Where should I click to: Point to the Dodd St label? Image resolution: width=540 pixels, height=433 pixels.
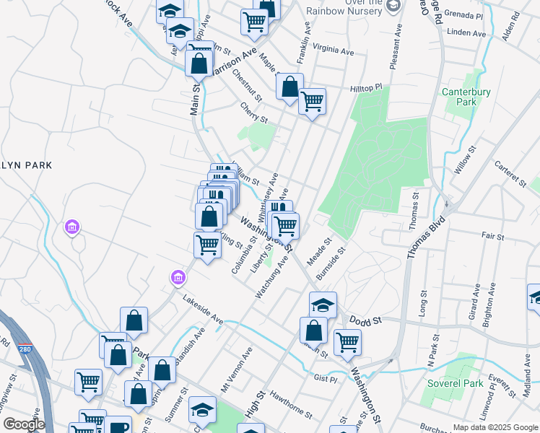coord(365,318)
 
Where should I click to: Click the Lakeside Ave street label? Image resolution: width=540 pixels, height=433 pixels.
coord(203,309)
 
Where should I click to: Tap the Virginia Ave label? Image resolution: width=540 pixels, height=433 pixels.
coord(334,52)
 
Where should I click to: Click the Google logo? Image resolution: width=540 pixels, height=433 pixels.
coord(23,424)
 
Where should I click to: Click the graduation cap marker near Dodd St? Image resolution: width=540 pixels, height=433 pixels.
coord(323,305)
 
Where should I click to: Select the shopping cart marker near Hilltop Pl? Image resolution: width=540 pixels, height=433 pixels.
coord(312,101)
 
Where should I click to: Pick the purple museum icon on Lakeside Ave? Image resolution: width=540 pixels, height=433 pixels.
coord(177,277)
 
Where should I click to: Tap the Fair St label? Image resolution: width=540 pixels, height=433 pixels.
coord(492,235)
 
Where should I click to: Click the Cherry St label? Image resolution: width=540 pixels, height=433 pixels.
coord(254,112)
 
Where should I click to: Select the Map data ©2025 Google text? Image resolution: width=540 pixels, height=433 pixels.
coord(495,427)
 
